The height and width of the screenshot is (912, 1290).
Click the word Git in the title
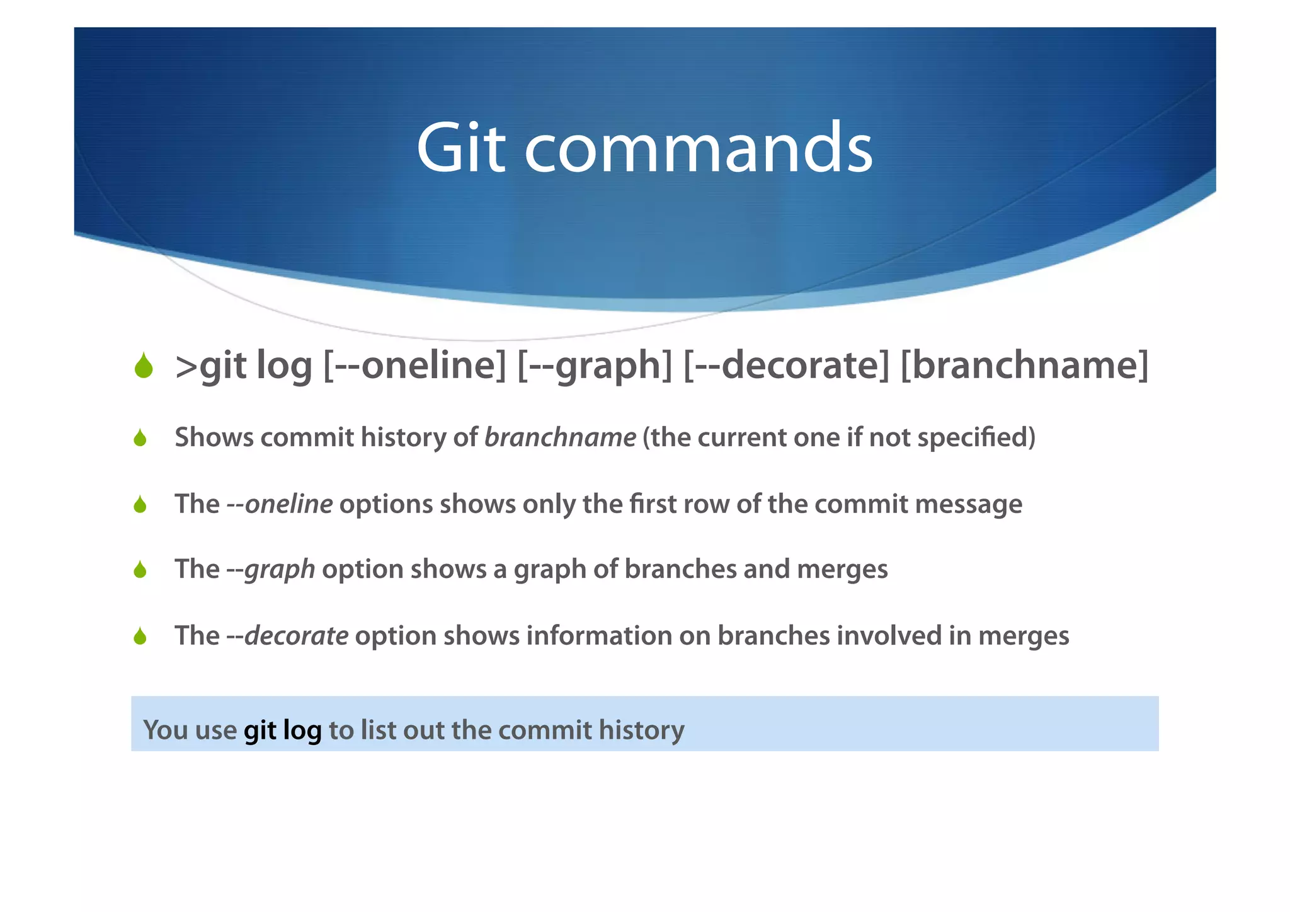pyautogui.click(x=460, y=148)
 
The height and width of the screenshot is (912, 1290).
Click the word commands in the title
pyautogui.click(x=699, y=148)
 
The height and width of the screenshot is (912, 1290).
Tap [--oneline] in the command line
pyautogui.click(x=414, y=366)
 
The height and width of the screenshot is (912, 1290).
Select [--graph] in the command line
pyautogui.click(x=595, y=366)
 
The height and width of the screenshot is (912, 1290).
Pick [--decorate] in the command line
pyautogui.click(x=786, y=366)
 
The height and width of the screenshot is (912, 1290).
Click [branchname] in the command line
pyautogui.click(x=1024, y=366)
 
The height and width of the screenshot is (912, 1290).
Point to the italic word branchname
pyautogui.click(x=560, y=437)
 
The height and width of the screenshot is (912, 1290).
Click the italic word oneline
pyautogui.click(x=288, y=504)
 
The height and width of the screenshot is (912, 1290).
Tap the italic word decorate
pyautogui.click(x=296, y=635)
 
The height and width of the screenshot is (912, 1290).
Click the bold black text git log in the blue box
pyautogui.click(x=282, y=730)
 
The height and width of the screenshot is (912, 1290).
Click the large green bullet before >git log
pyautogui.click(x=144, y=366)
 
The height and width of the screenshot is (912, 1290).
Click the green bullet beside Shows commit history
pyautogui.click(x=140, y=438)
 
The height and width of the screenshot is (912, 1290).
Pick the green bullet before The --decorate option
pyautogui.click(x=140, y=637)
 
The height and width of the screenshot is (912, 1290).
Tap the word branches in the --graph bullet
pyautogui.click(x=680, y=569)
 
